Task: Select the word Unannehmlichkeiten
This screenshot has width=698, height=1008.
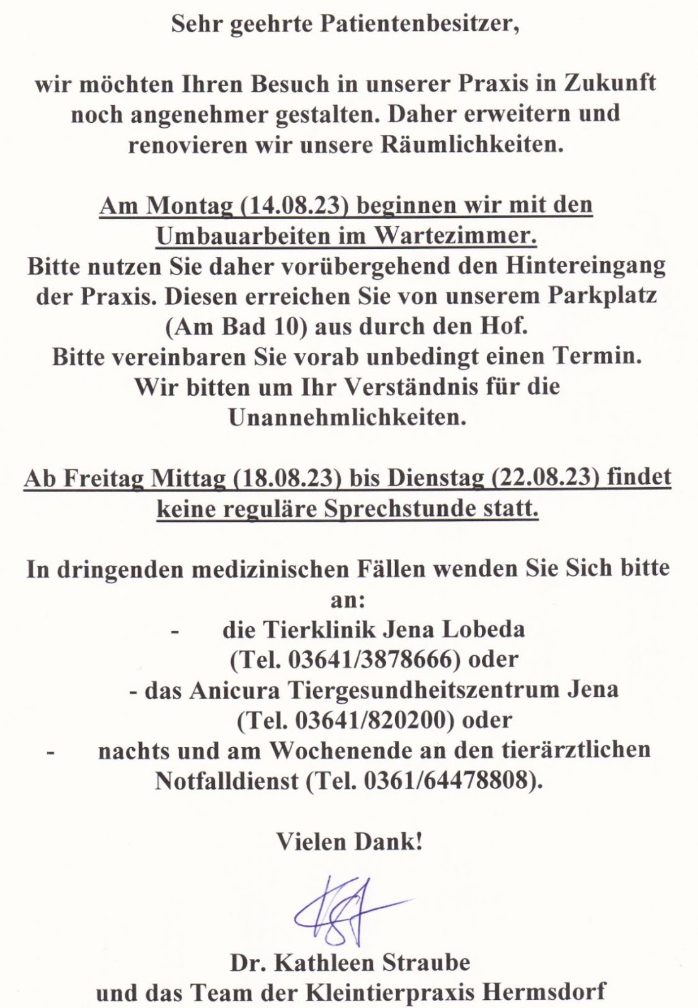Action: (x=348, y=417)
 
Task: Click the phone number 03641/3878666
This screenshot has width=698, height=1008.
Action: (x=370, y=660)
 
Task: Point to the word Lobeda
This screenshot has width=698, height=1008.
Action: (x=485, y=629)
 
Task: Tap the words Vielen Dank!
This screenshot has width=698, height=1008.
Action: (x=349, y=842)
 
